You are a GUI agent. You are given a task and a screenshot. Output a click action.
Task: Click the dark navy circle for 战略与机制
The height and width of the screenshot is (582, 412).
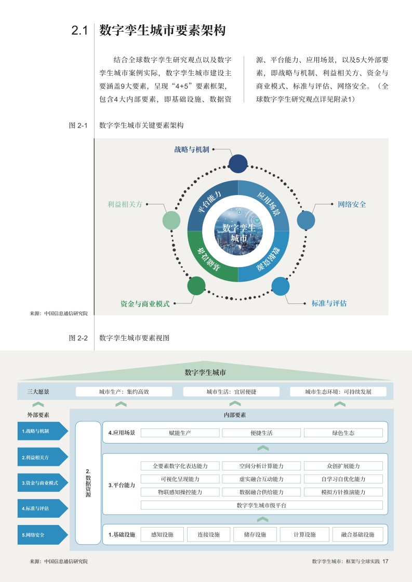click(238, 164)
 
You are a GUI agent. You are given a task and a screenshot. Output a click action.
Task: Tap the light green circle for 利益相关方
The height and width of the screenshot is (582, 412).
click(171, 220)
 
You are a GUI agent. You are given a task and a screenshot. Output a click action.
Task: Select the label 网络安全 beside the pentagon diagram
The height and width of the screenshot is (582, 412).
click(352, 204)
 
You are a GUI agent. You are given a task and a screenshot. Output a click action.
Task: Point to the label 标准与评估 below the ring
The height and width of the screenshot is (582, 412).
click(329, 303)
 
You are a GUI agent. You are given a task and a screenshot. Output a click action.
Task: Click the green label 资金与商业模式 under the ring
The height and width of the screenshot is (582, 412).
click(145, 303)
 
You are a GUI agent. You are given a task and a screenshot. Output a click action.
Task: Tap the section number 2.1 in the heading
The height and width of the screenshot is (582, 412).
click(79, 31)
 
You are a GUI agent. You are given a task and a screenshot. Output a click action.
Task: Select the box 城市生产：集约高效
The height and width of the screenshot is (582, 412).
click(124, 392)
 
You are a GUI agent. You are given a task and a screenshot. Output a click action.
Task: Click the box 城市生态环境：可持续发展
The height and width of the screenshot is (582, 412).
click(338, 392)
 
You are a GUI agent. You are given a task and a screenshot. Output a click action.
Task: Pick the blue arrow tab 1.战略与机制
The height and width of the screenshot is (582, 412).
click(43, 431)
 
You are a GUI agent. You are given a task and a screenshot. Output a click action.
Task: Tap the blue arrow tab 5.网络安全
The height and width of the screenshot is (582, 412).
click(43, 535)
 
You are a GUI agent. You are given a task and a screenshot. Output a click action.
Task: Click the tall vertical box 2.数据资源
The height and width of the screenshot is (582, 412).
click(88, 482)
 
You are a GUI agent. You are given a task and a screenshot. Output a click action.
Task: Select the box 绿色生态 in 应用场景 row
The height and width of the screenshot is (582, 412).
click(343, 433)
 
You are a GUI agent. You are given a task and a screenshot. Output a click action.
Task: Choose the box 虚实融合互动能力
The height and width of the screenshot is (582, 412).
click(261, 479)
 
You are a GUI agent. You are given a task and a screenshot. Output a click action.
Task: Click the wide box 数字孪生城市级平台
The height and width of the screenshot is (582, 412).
click(261, 505)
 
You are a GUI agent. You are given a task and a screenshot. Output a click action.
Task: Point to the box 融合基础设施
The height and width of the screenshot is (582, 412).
click(357, 534)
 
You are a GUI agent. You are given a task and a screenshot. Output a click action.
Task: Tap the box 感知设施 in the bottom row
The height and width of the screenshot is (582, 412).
click(162, 534)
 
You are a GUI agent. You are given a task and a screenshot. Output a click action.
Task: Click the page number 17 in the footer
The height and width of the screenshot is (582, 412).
click(385, 561)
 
